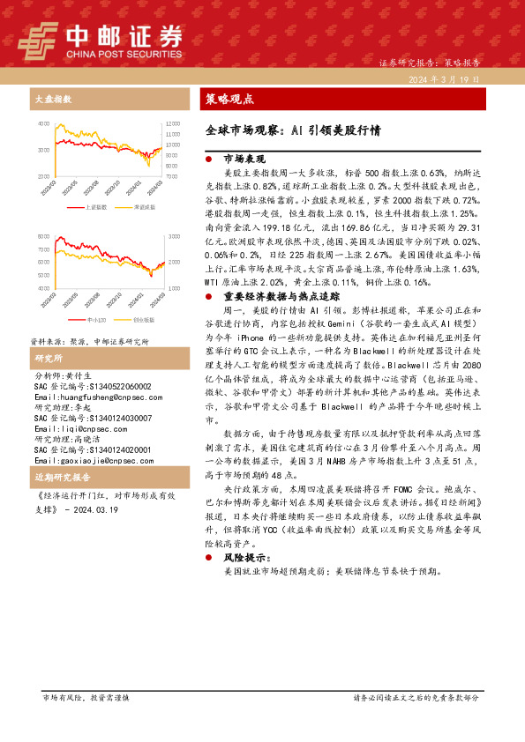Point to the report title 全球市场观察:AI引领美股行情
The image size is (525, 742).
click(287, 130)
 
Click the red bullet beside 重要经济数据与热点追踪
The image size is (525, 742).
click(207, 321)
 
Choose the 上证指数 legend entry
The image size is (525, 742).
click(96, 206)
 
